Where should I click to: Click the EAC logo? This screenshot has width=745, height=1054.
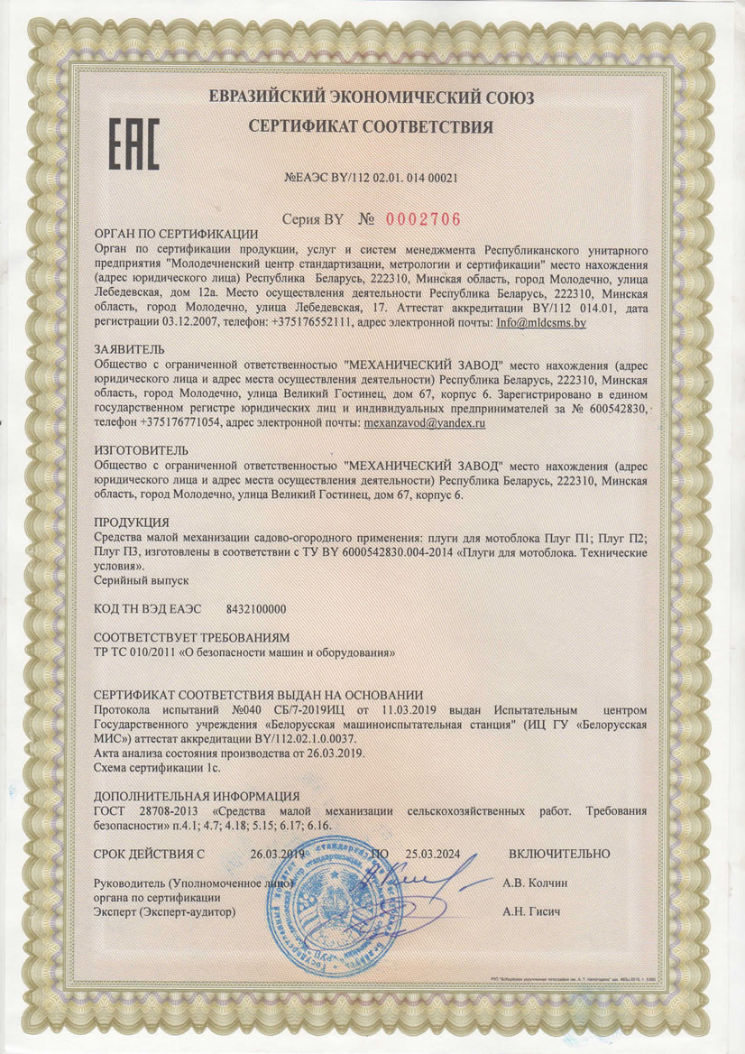[133, 143]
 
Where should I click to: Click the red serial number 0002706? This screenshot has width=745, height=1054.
[423, 218]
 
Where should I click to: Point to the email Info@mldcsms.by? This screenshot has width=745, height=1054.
[538, 322]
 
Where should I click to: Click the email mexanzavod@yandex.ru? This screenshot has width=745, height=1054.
[426, 421]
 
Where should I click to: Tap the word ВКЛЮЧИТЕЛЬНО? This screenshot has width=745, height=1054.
[559, 854]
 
